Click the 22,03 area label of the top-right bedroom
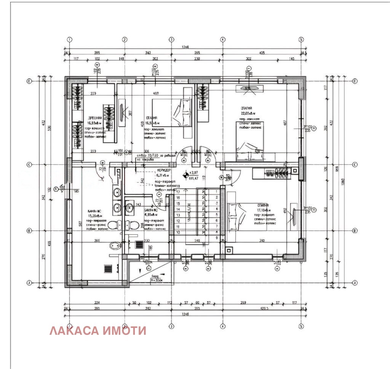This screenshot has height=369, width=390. click(247, 113)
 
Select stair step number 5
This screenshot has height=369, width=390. click(217, 215)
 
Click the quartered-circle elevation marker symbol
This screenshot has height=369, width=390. click(186, 175)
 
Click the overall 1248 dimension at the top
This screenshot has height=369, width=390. click(185, 47)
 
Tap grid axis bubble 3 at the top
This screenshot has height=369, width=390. click(171, 39)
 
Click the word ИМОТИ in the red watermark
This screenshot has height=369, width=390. click(125, 331)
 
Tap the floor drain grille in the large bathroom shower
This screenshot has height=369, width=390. click(108, 268)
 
